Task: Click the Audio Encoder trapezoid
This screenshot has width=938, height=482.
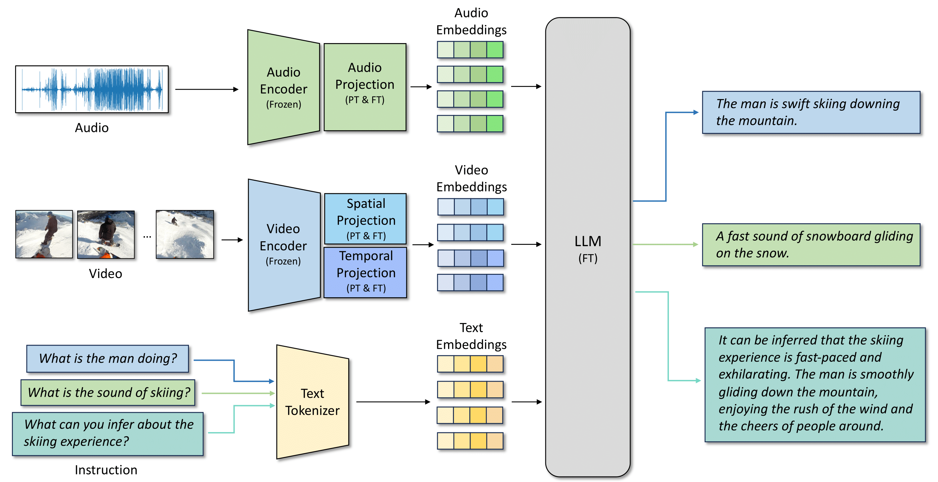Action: pyautogui.click(x=283, y=88)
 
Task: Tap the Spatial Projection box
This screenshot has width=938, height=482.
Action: pyautogui.click(x=366, y=219)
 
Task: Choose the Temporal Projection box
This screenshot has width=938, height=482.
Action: pyautogui.click(x=366, y=272)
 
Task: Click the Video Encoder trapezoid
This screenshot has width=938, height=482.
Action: pyautogui.click(x=284, y=245)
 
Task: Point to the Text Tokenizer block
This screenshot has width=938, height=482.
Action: pyautogui.click(x=313, y=402)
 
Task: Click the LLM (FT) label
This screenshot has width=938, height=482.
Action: pyautogui.click(x=588, y=249)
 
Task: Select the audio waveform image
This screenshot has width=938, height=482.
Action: pyautogui.click(x=92, y=89)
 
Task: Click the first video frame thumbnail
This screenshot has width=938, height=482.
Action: pyautogui.click(x=44, y=234)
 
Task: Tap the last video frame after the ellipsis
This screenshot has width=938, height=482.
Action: pyautogui.click(x=185, y=234)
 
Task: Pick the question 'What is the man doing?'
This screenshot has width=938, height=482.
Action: pyautogui.click(x=108, y=358)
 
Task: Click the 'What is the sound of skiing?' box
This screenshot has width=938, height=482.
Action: pyautogui.click(x=108, y=393)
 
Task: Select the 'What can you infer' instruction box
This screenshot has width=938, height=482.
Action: pyautogui.click(x=108, y=434)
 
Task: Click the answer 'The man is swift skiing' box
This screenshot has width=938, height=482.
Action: pyautogui.click(x=811, y=112)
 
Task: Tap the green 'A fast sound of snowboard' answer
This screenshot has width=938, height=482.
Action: pyautogui.click(x=811, y=245)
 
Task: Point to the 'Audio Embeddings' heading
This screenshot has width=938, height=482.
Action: pyautogui.click(x=471, y=22)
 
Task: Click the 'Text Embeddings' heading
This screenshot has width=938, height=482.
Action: pyautogui.click(x=471, y=336)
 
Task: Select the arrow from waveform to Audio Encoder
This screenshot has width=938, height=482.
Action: pyautogui.click(x=207, y=89)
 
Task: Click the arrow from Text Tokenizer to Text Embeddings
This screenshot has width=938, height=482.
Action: pyautogui.click(x=393, y=402)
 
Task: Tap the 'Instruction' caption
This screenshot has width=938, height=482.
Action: pyautogui.click(x=106, y=470)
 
